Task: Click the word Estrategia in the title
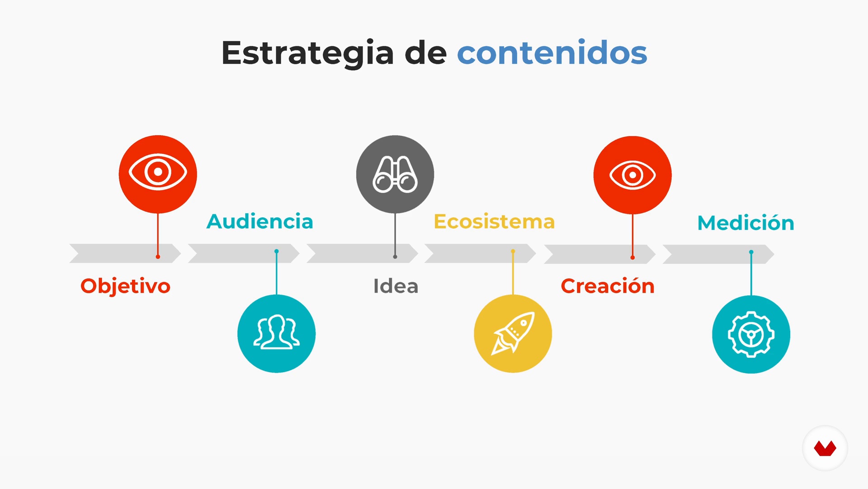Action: (307, 53)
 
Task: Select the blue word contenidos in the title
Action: (552, 53)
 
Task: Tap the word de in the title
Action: (425, 53)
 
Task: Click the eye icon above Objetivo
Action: (158, 172)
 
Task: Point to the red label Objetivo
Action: (125, 286)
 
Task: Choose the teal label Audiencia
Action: (260, 221)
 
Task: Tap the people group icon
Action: (276, 332)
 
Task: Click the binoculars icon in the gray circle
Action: (395, 174)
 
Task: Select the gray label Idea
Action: (396, 286)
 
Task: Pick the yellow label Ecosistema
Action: (494, 221)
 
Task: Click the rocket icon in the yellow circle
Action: (513, 333)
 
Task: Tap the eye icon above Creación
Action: (632, 175)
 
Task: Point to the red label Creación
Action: (608, 286)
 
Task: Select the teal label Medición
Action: (746, 223)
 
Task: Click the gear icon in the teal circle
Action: (751, 335)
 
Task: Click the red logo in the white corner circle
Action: (825, 448)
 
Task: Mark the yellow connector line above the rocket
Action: (513, 273)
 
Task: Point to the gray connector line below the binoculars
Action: (395, 235)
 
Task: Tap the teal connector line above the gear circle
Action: (751, 273)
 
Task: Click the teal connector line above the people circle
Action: (276, 273)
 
